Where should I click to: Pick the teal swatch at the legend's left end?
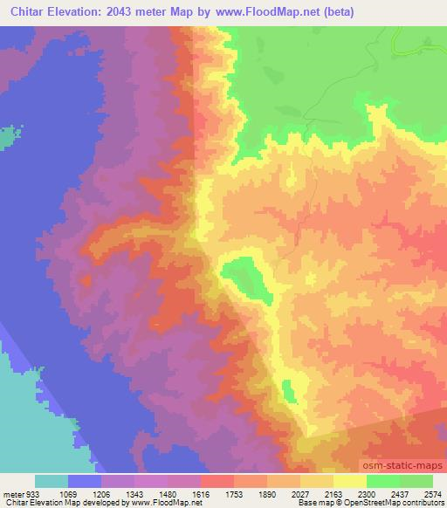52,481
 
